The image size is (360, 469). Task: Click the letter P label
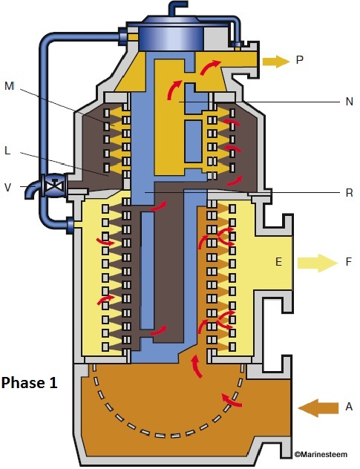pyautogui.click(x=300, y=61)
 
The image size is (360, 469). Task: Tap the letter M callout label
pyautogui.click(x=10, y=86)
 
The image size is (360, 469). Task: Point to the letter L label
pyautogui.click(x=7, y=150)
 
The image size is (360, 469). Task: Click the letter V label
pyautogui.click(x=7, y=187)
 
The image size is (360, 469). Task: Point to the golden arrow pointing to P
pyautogui.click(x=275, y=61)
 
